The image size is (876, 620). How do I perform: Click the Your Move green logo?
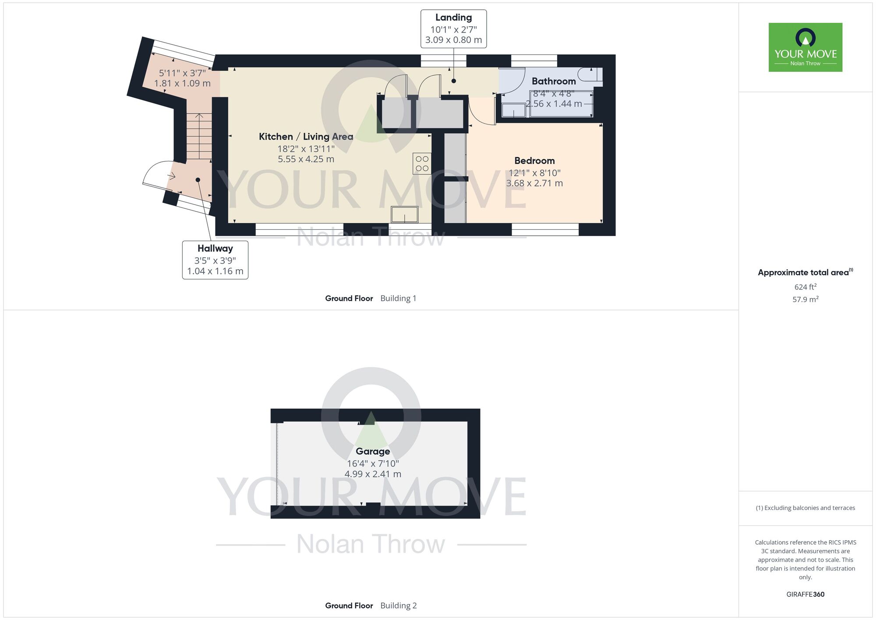tap(805, 47)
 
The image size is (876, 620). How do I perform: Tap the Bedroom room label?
tap(534, 161)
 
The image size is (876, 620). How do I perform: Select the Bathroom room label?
tap(554, 81)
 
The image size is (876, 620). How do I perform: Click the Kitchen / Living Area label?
tap(306, 137)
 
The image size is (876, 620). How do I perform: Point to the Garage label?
tap(373, 451)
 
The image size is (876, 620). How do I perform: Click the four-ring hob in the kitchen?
tap(422, 164)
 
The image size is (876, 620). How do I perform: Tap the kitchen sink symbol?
tap(405, 214)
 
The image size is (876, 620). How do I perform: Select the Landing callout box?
tap(453, 29)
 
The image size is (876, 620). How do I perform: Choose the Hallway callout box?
tap(215, 260)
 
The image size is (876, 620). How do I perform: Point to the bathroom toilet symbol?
tap(590, 75)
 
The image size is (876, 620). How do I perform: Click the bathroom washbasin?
tap(513, 110)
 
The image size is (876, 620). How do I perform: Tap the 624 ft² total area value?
tap(805, 287)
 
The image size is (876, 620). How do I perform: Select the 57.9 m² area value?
tap(805, 299)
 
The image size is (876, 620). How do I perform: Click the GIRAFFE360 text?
tap(805, 595)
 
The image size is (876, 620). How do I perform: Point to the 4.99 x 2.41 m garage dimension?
tap(373, 474)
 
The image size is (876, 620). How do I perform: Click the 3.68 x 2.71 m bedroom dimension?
tap(534, 183)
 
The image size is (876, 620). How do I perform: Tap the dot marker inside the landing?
tap(454, 81)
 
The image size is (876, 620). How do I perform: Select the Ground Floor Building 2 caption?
tap(371, 606)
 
